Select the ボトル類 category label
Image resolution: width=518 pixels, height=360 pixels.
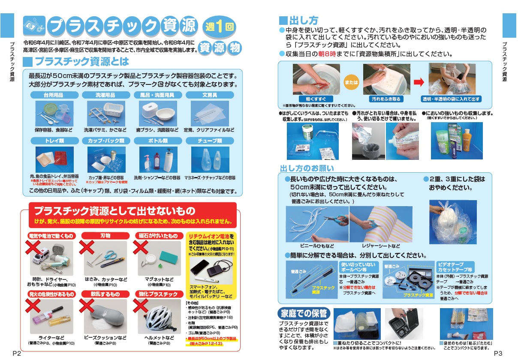pyautogui.click(x=158, y=141)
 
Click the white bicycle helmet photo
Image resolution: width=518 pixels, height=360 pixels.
pyautogui.click(x=158, y=317)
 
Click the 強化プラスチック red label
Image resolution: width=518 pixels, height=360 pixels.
pyautogui.click(x=158, y=294)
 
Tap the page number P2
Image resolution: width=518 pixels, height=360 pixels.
pyautogui.click(x=17, y=353)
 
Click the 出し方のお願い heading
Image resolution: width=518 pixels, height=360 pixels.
pyautogui.click(x=307, y=168)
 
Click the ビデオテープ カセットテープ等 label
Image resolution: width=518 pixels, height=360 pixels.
pyautogui.click(x=455, y=267)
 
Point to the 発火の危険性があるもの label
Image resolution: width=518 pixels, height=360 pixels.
pyautogui.click(x=51, y=294)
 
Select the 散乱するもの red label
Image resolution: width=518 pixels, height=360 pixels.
pyautogui.click(x=105, y=294)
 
